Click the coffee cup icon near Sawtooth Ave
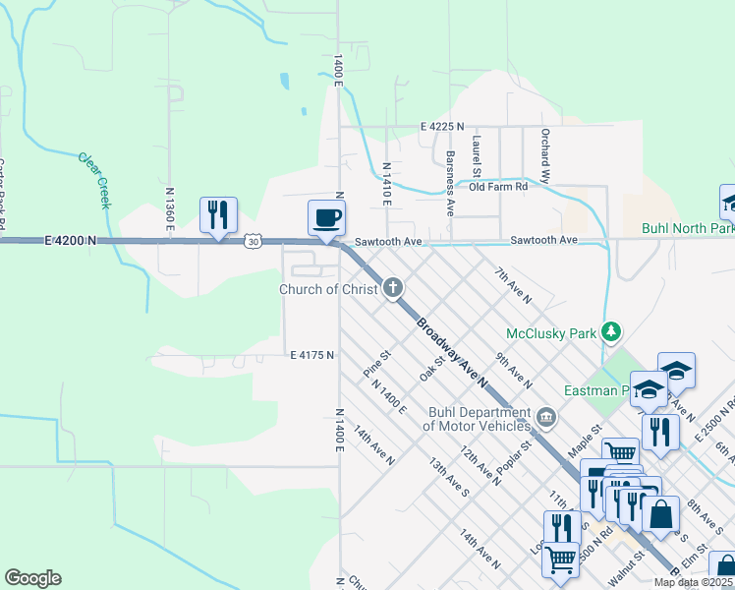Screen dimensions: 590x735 [x=326, y=217]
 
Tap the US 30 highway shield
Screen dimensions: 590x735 [x=254, y=241]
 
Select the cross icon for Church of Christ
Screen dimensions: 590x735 [x=392, y=288]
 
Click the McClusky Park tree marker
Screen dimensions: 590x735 [x=611, y=332]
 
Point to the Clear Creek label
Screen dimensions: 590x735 [x=94, y=180]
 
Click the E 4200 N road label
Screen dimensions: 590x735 [x=71, y=240]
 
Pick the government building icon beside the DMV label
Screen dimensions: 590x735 [x=547, y=420]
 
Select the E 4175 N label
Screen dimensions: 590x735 [x=312, y=354]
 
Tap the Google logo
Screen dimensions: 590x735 [x=32, y=578]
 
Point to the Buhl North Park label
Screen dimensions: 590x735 [x=687, y=228]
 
